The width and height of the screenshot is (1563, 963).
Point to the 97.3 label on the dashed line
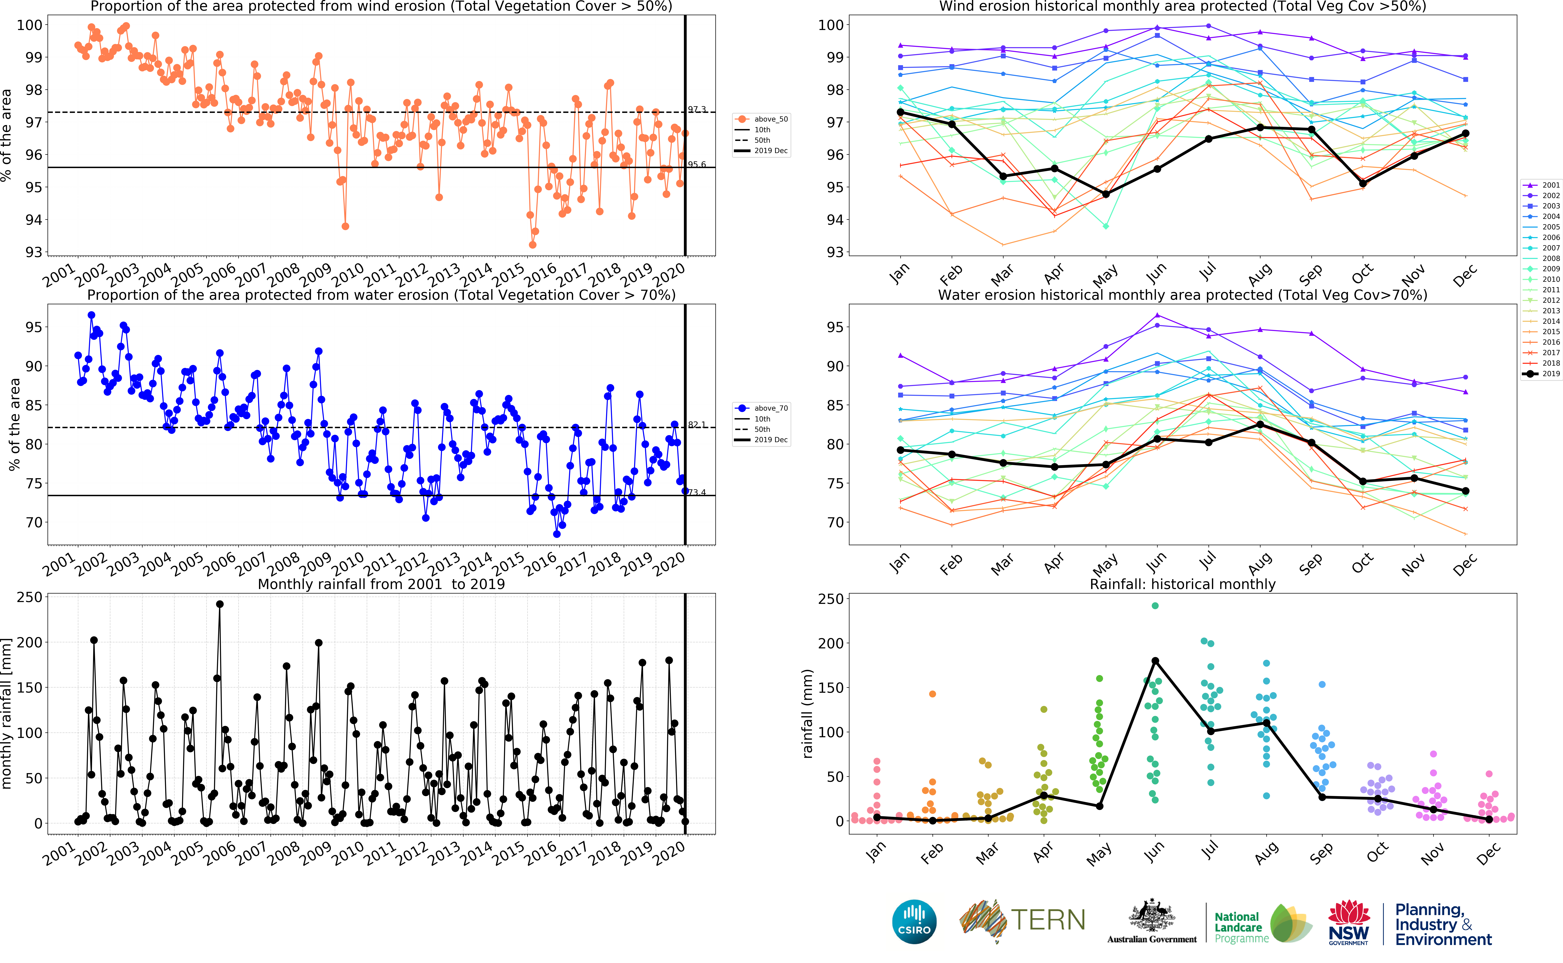[x=697, y=110]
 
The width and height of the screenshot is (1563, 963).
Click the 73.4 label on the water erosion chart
[x=697, y=492]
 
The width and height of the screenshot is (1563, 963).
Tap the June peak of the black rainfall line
[x=1155, y=661]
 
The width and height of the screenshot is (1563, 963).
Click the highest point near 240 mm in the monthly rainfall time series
[x=220, y=604]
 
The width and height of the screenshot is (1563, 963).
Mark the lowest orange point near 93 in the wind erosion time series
[x=532, y=245]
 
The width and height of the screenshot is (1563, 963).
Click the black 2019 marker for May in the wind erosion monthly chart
[x=1106, y=194]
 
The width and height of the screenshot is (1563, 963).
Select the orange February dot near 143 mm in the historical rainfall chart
[x=932, y=694]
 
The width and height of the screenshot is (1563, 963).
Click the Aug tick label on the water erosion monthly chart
[x=1260, y=563]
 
